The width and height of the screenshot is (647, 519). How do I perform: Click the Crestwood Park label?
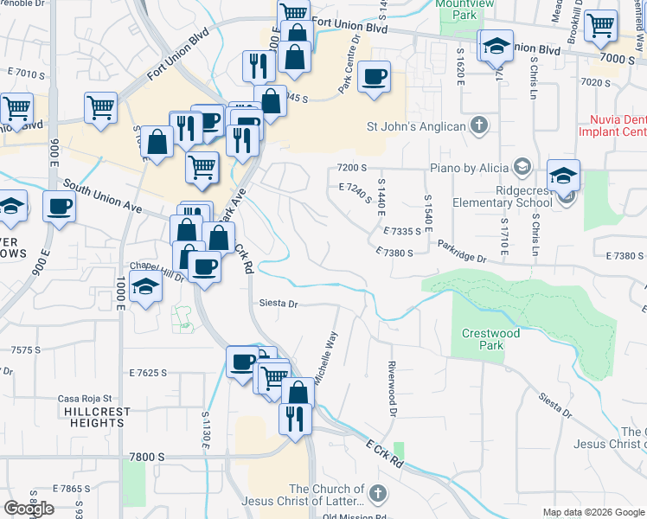tap(490, 339)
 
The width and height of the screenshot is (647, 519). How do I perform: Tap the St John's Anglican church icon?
tap(479, 126)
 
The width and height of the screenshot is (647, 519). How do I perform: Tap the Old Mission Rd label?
tap(353, 516)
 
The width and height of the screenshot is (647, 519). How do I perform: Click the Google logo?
tap(29, 509)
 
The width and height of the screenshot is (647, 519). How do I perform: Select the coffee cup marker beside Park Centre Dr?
tap(375, 77)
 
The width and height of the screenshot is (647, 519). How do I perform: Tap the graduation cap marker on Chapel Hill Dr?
tap(146, 286)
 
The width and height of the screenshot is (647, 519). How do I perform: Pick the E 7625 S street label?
tap(148, 373)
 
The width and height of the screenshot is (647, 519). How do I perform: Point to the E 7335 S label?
tap(401, 232)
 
